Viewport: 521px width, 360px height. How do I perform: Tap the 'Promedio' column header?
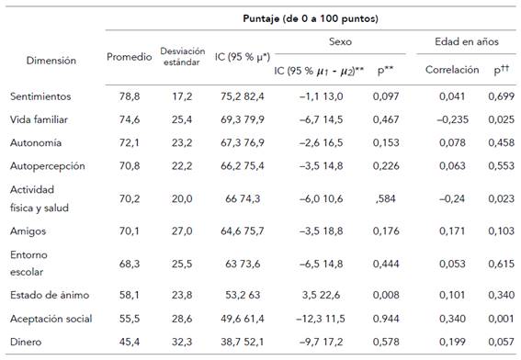pyautogui.click(x=129, y=55)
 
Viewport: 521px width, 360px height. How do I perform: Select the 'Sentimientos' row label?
pyautogui.click(x=40, y=96)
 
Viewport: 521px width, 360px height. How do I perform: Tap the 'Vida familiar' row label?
pyautogui.click(x=39, y=118)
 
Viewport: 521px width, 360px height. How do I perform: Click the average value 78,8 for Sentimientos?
pyautogui.click(x=129, y=96)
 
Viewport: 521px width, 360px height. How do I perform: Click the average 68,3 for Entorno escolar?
pyautogui.click(x=129, y=262)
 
